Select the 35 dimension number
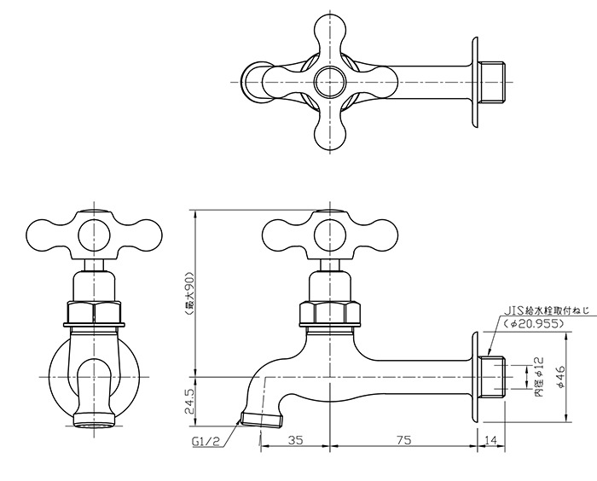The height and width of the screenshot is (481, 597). coord(295,440)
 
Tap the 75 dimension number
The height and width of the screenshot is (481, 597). coord(403,440)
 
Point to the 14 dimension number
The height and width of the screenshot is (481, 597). coord(491,440)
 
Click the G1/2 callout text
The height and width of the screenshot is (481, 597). coord(206,442)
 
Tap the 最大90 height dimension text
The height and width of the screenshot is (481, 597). coord(189,293)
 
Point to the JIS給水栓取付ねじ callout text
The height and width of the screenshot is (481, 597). coord(547,310)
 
